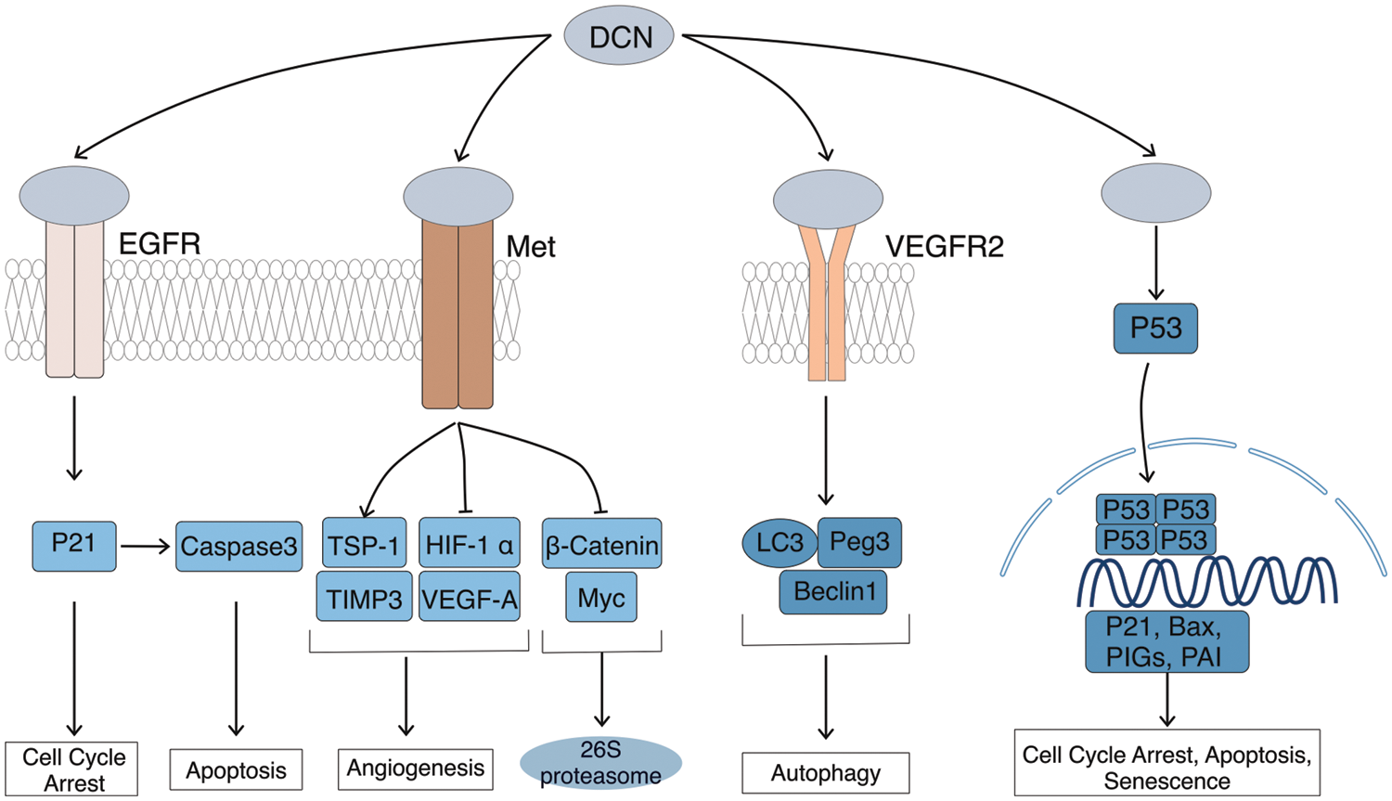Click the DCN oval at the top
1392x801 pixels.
tap(619, 37)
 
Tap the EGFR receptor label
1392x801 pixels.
tap(160, 244)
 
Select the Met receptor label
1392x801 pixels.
tap(531, 247)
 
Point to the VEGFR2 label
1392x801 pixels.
tap(944, 247)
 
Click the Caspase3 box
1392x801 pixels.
tap(238, 546)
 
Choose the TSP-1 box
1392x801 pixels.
tap(364, 544)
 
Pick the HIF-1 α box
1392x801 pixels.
tap(469, 544)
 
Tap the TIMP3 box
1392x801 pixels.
tap(364, 599)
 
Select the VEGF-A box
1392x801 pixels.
tap(469, 599)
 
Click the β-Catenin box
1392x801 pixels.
tap(601, 545)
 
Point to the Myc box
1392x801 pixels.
tap(601, 598)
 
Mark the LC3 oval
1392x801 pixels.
tap(779, 542)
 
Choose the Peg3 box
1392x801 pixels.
tap(859, 542)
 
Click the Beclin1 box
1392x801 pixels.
tap(833, 591)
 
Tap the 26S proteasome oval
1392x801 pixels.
tap(600, 763)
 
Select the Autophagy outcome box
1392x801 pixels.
tap(825, 773)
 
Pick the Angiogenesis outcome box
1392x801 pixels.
tap(415, 769)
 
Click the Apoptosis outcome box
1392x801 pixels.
tap(236, 770)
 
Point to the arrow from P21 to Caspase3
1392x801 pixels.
tap(146, 546)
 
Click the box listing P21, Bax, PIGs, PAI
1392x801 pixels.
tap(1166, 641)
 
